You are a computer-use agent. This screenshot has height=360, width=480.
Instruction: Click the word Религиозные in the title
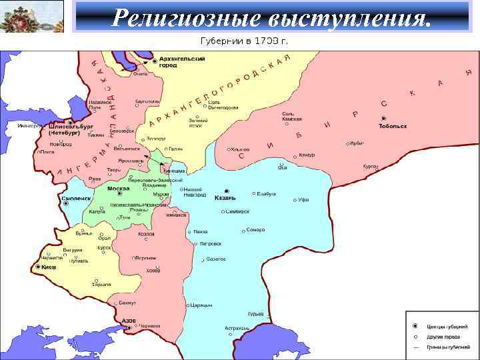pyautogui.click(x=175, y=17)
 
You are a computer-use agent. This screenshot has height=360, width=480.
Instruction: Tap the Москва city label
pyautogui.click(x=118, y=189)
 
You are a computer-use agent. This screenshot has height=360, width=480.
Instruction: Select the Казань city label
pyautogui.click(x=225, y=198)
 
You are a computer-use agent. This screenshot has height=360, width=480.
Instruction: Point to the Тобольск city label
pyautogui.click(x=392, y=126)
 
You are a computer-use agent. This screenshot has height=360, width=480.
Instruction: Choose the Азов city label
pyautogui.click(x=129, y=320)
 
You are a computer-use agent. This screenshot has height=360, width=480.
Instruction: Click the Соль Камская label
pyautogui.click(x=291, y=116)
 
